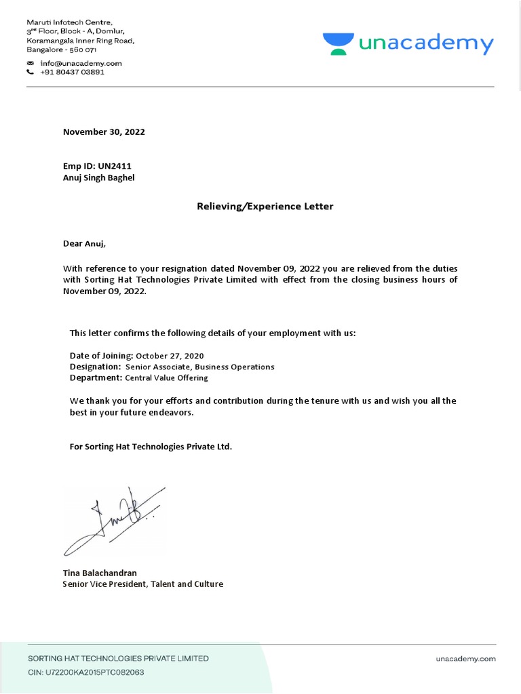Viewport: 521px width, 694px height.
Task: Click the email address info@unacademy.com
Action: (x=81, y=63)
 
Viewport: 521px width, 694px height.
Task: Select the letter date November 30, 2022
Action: (x=104, y=132)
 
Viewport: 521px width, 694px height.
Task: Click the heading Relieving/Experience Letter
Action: (x=265, y=206)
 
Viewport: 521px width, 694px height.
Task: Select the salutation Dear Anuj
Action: (x=85, y=243)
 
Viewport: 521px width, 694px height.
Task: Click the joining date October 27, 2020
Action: (x=170, y=356)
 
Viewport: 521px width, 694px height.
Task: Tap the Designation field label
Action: (x=96, y=367)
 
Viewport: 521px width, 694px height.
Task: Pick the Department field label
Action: (x=96, y=377)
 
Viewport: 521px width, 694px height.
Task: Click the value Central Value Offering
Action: (x=166, y=378)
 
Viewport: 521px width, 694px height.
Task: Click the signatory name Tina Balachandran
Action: (x=100, y=573)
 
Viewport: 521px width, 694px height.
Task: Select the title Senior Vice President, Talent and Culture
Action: (x=142, y=584)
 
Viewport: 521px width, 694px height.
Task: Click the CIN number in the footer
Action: (x=85, y=672)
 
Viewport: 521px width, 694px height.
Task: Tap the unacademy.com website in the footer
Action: (x=465, y=658)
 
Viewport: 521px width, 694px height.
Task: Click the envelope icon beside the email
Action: (x=30, y=63)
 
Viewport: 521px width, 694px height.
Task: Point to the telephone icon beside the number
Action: (x=30, y=72)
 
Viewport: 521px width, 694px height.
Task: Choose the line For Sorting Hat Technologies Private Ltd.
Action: (x=151, y=447)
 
